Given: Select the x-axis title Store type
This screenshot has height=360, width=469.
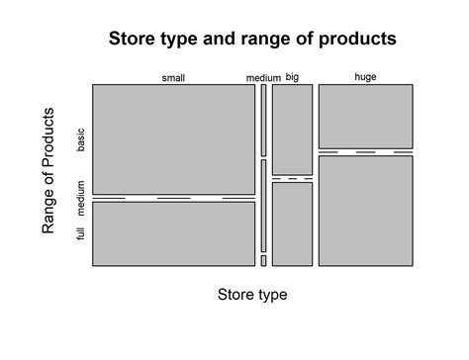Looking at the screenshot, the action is [251, 295].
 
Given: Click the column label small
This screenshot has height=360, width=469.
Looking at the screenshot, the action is [173, 78].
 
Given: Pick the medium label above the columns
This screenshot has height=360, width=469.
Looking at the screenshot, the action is [263, 78].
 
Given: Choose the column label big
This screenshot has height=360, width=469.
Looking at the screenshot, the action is [292, 77].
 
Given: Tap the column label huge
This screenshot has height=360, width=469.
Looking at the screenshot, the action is [365, 77].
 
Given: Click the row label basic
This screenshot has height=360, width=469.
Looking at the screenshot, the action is [81, 139].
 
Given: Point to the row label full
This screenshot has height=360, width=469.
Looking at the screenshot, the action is [81, 232].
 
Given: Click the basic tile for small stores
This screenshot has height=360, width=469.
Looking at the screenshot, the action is [173, 138].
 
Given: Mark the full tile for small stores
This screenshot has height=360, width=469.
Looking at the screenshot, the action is [173, 234].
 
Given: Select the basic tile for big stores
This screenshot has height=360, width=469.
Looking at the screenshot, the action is [292, 129].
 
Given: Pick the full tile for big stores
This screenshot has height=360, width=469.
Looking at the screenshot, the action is [292, 224].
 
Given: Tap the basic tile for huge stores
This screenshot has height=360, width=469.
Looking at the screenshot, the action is [365, 116].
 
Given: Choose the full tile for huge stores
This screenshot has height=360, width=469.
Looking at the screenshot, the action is [365, 211].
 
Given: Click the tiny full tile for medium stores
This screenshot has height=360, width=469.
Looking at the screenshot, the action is [263, 260].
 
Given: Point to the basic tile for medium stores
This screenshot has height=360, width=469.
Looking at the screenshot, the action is [263, 120].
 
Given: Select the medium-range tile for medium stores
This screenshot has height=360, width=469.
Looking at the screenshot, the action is [263, 206].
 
